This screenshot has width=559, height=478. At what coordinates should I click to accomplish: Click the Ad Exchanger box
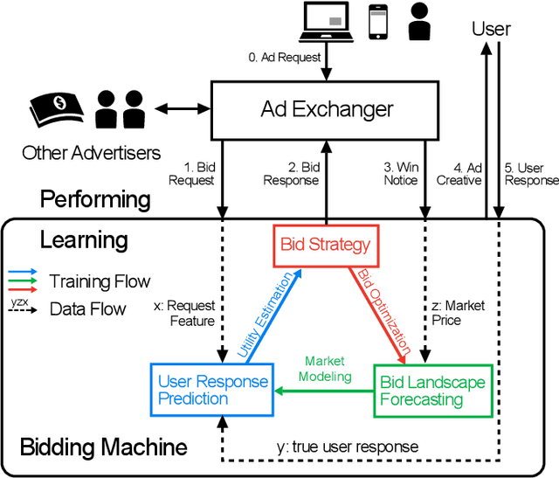click(327, 109)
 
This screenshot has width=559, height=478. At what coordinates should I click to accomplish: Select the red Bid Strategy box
click(326, 244)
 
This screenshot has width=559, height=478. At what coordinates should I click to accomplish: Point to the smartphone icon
click(377, 22)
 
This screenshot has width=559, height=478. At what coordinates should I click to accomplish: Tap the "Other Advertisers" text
click(92, 153)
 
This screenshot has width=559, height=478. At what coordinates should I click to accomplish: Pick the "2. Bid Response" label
click(293, 173)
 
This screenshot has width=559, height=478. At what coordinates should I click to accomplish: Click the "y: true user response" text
click(349, 447)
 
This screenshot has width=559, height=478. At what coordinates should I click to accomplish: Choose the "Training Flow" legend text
click(100, 281)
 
